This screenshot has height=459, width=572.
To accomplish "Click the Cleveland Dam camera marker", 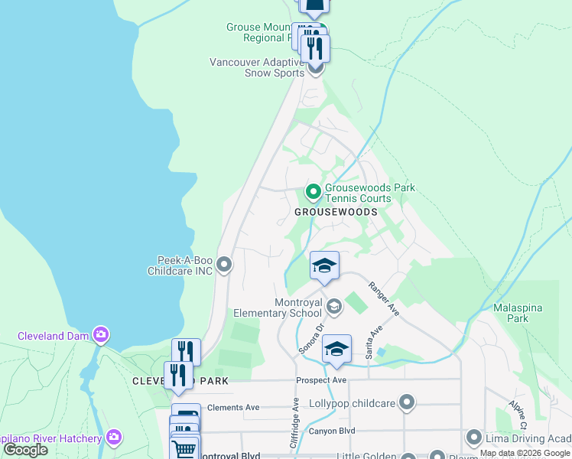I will (x=101, y=334).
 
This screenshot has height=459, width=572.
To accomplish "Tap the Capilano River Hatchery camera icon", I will (x=114, y=438).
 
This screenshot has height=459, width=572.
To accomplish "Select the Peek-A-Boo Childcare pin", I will (x=224, y=265).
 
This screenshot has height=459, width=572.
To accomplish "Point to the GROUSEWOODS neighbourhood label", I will (x=336, y=211).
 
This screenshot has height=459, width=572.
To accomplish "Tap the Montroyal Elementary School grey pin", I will (x=334, y=307).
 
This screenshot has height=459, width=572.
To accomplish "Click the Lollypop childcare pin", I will (x=407, y=402).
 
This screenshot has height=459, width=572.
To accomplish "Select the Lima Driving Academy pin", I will (x=474, y=438).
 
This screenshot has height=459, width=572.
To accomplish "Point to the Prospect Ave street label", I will (x=322, y=380).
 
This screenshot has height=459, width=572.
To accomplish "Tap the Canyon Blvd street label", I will (x=332, y=431).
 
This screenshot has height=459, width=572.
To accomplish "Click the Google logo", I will (x=26, y=450).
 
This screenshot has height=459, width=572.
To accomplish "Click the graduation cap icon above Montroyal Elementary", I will (x=325, y=266).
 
